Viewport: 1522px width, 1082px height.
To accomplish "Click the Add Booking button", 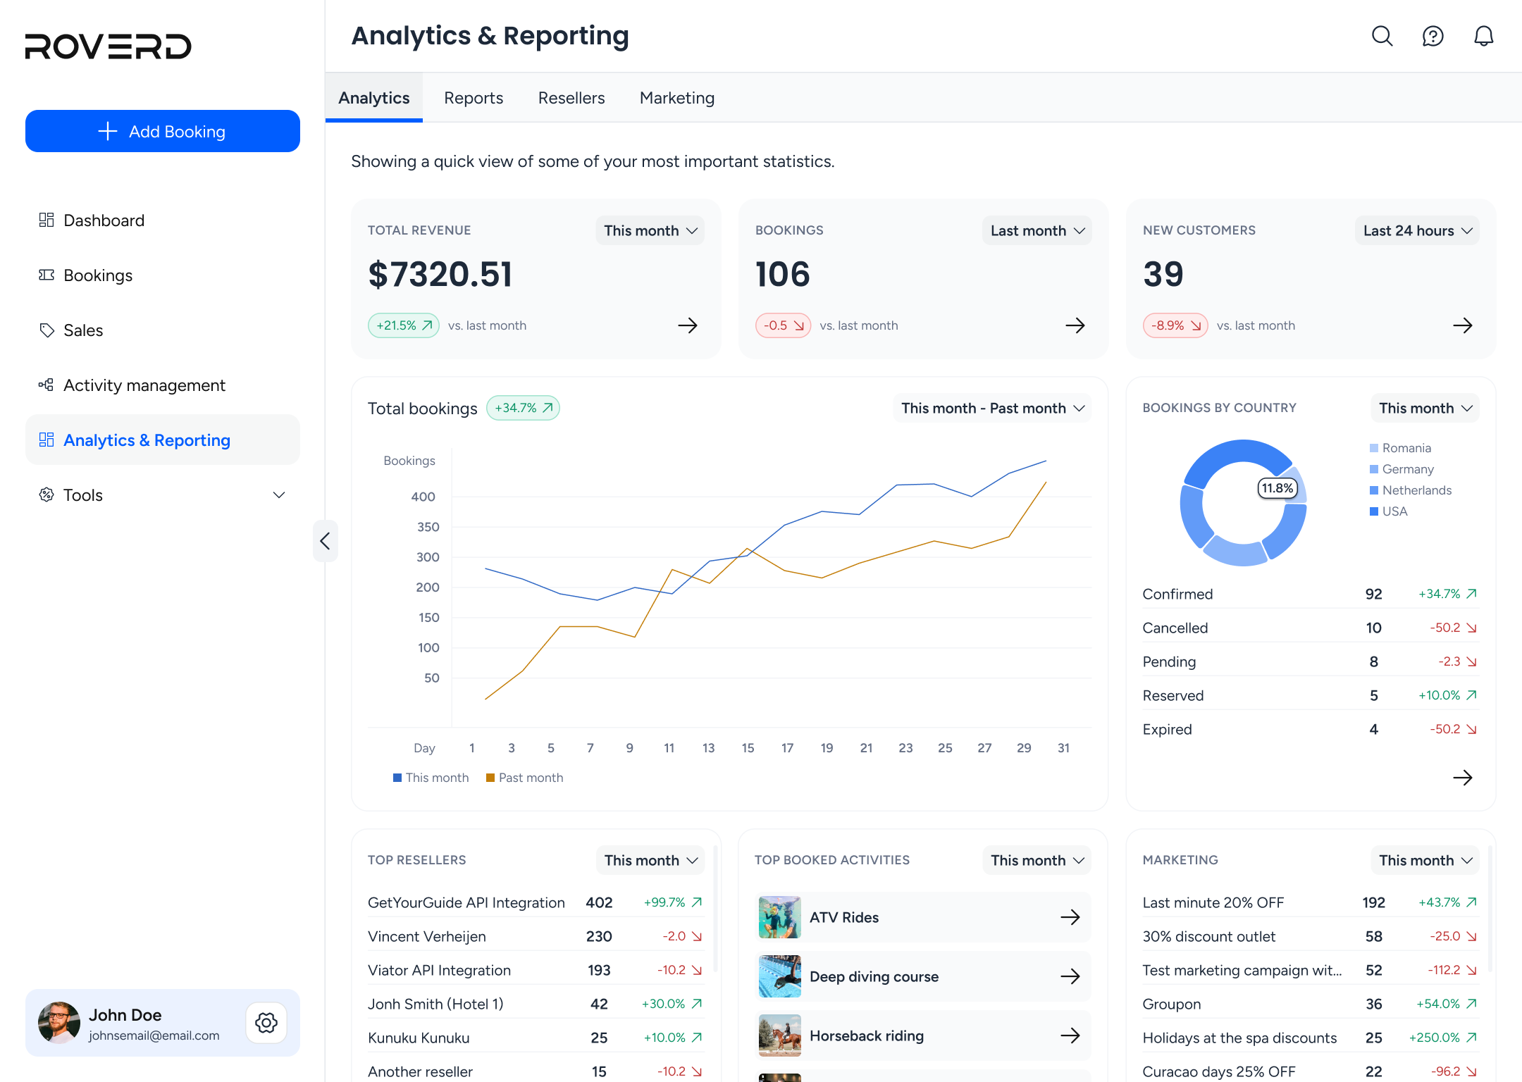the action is tap(163, 131).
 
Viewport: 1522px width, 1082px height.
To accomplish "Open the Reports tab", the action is tap(474, 98).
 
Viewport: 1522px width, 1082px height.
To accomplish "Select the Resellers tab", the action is tap(571, 98).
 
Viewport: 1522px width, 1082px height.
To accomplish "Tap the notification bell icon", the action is tap(1484, 36).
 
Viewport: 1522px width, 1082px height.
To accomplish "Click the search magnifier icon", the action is tap(1382, 36).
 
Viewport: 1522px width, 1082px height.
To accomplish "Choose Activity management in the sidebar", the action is tap(144, 385).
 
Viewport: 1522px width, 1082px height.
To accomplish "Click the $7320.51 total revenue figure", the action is tap(440, 274).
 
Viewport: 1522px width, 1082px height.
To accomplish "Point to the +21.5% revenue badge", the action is tap(404, 325).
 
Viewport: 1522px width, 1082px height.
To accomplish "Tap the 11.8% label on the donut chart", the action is tap(1277, 488).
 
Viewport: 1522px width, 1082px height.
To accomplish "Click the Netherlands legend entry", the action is tap(1411, 490).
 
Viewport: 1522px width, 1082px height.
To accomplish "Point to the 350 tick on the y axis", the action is tap(428, 527).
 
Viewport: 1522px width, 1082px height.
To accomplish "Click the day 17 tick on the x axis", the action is tap(788, 748).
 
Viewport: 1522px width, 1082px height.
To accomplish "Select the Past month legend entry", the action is tap(525, 778).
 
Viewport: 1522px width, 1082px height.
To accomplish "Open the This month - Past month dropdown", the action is tap(993, 408).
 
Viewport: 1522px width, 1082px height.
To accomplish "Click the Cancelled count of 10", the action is tap(1374, 628).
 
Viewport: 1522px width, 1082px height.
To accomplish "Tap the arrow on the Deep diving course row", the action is tap(1070, 976).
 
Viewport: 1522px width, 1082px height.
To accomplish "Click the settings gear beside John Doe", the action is tap(266, 1023).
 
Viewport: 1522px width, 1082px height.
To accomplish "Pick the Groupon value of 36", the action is tap(1374, 1004).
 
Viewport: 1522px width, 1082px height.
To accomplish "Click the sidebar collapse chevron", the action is tap(325, 541).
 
